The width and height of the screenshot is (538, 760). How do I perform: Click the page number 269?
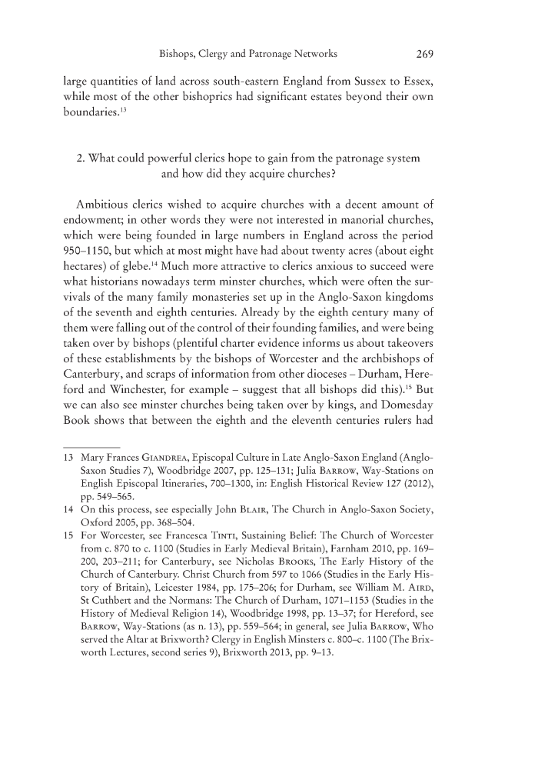425,55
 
